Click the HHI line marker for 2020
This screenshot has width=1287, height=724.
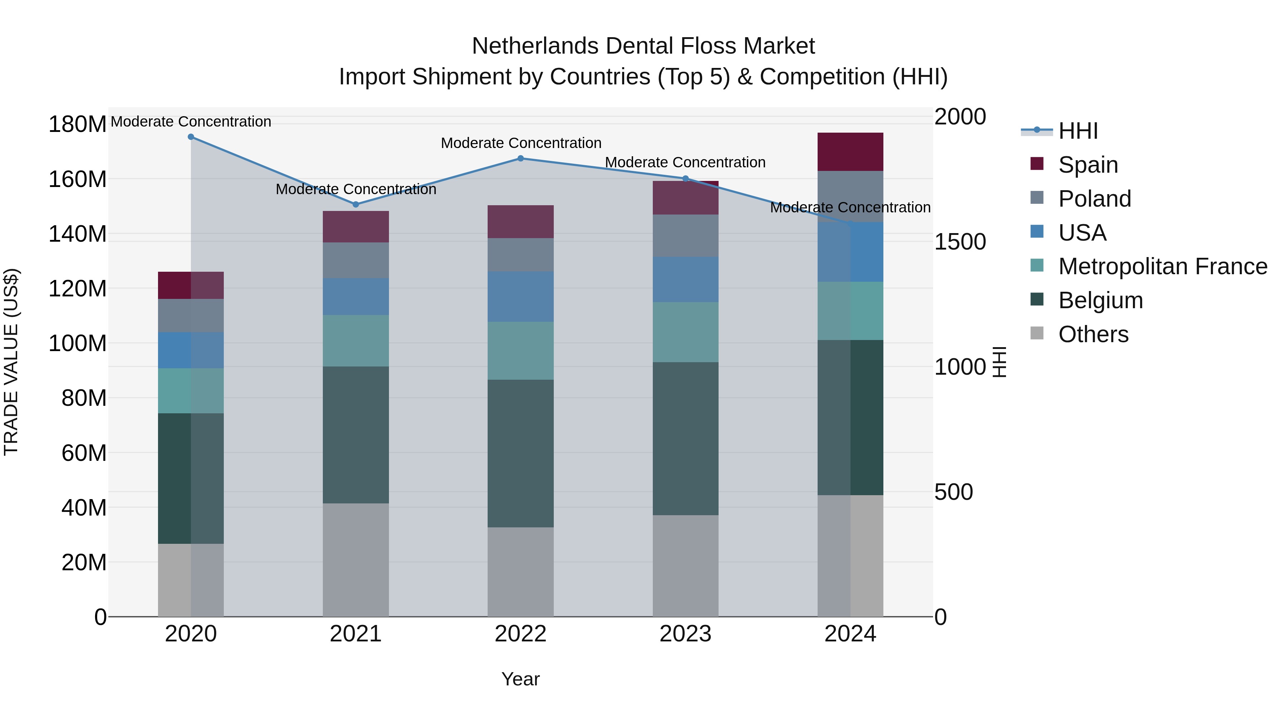[191, 137]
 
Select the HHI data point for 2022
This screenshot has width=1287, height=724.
[521, 158]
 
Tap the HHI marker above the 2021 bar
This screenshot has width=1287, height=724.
[356, 205]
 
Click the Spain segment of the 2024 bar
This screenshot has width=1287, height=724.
[850, 152]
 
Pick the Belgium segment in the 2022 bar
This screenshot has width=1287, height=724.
[521, 453]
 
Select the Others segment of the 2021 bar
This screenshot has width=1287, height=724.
[356, 560]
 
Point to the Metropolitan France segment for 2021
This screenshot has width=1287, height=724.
[356, 340]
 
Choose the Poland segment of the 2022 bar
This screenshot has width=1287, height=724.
[521, 255]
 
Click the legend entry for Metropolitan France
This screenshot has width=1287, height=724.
[1163, 266]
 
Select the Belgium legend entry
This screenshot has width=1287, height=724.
[1100, 300]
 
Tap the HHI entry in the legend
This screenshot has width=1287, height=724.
[1078, 131]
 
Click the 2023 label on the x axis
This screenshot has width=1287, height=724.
[685, 634]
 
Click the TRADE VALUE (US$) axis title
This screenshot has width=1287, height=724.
[11, 362]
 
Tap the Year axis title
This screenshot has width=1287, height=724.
[521, 679]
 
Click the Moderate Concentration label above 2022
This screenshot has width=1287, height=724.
[521, 143]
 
